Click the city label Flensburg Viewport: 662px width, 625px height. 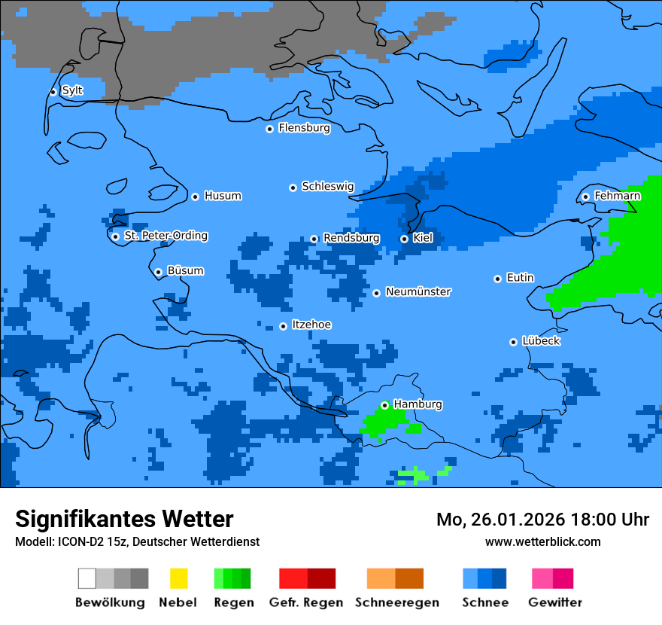point(304,128)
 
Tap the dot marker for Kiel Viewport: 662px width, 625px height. point(404,239)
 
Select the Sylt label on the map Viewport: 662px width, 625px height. point(72,91)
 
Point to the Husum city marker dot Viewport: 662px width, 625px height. point(195,197)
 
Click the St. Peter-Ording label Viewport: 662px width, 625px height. point(165,236)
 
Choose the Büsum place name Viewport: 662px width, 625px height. point(185,271)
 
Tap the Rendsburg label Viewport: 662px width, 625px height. point(351,238)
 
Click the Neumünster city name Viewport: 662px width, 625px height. point(418,292)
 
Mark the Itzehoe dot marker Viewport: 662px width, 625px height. point(283,326)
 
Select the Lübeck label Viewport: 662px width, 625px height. point(541,341)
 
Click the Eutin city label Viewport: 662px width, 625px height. point(520,278)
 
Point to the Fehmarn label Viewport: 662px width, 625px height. point(617,196)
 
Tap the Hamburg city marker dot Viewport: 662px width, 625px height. point(384,405)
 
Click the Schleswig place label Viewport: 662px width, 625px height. point(327,187)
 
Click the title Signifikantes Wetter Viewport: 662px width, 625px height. point(124,519)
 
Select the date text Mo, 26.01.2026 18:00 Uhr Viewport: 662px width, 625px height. point(542,520)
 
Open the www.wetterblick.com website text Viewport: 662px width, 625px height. point(542,542)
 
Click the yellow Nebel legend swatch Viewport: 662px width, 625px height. point(178,578)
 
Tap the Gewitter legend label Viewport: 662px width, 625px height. point(554,602)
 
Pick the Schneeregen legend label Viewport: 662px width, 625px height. point(397,602)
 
